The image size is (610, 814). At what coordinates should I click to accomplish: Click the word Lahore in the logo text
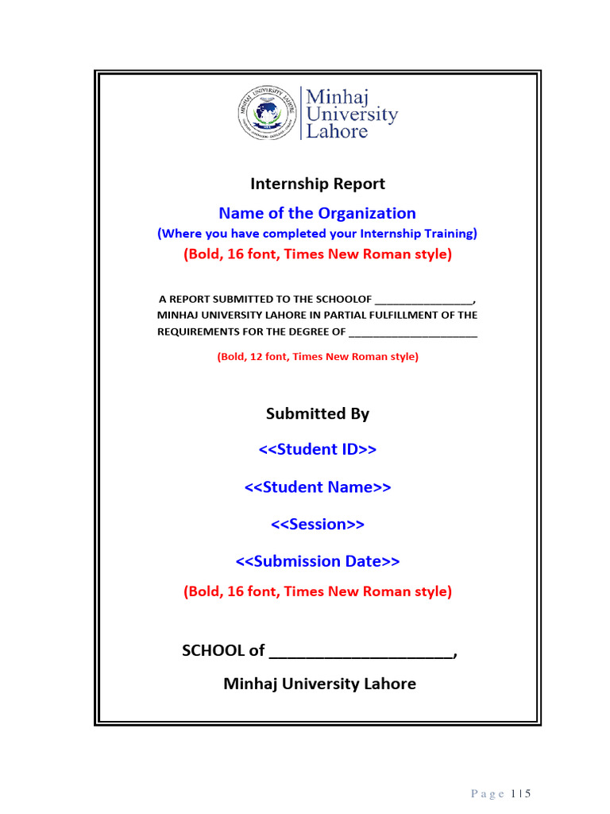[x=338, y=131]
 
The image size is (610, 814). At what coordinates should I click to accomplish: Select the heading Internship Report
[x=318, y=184]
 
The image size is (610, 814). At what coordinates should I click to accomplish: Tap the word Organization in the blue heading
[x=367, y=213]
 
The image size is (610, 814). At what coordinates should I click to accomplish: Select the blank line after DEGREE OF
[x=413, y=331]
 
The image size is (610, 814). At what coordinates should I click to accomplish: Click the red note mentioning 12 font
[x=318, y=357]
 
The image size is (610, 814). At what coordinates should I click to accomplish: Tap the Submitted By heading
[x=318, y=413]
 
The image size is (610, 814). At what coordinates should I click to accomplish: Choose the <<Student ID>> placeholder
[x=318, y=450]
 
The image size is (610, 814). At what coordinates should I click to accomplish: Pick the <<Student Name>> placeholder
[x=318, y=487]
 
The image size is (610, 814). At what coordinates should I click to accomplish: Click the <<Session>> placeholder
[x=318, y=525]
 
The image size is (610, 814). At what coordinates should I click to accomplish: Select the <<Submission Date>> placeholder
[x=318, y=562]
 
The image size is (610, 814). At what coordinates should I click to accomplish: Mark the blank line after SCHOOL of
[x=361, y=653]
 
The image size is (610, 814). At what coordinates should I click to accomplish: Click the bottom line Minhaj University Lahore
[x=319, y=684]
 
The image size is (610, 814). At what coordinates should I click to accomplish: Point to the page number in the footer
[x=521, y=793]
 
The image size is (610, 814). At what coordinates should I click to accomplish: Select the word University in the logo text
[x=352, y=114]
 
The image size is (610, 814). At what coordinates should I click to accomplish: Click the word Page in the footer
[x=488, y=793]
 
